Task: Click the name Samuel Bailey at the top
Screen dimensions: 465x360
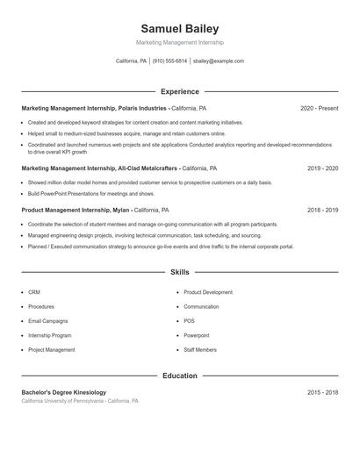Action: [180, 29]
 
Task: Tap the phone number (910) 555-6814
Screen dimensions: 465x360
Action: [169, 61]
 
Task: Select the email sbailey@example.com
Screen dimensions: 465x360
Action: [219, 61]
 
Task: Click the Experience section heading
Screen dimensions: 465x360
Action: [180, 91]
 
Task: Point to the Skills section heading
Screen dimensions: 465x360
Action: [180, 273]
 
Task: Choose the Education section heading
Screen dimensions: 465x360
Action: [180, 376]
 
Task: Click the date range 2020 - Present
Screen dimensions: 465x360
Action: [319, 108]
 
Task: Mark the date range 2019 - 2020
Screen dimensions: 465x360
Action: [322, 168]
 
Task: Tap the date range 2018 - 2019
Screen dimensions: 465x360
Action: [322, 211]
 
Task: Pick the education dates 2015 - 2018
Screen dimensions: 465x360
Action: [322, 392]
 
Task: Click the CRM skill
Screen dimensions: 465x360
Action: [34, 292]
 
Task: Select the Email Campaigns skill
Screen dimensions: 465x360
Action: [47, 321]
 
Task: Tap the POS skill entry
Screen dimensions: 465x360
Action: [190, 321]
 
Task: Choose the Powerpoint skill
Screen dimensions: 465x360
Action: [197, 335]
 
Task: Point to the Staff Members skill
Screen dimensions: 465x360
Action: [200, 350]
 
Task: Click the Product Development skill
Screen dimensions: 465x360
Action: [208, 292]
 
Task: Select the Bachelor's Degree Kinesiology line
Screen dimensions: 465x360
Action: [64, 392]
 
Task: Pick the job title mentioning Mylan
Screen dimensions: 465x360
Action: [76, 211]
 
